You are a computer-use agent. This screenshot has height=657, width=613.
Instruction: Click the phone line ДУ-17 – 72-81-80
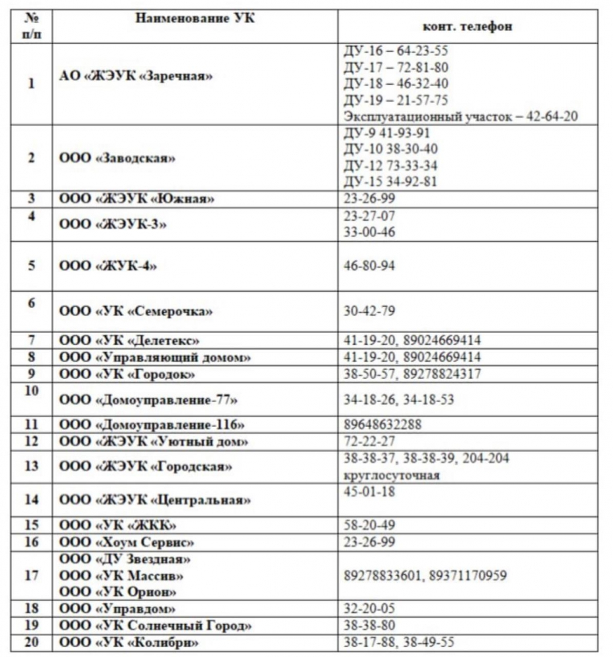pyautogui.click(x=396, y=67)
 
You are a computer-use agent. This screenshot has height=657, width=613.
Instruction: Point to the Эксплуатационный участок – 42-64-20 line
pyautogui.click(x=460, y=116)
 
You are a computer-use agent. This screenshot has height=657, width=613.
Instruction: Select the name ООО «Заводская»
pyautogui.click(x=118, y=158)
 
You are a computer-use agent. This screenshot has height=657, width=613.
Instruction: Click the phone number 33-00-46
pyautogui.click(x=370, y=232)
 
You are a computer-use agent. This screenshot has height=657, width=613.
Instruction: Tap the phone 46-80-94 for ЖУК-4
pyautogui.click(x=370, y=266)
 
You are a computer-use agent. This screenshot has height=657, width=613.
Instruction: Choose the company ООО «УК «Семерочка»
pyautogui.click(x=136, y=311)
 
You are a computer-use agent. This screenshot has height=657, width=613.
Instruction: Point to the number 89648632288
pyautogui.click(x=383, y=424)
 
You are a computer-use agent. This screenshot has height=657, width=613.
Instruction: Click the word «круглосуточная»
pyautogui.click(x=391, y=475)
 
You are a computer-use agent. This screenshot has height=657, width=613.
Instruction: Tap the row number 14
pyautogui.click(x=32, y=499)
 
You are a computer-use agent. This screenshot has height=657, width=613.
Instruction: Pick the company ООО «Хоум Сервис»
pyautogui.click(x=127, y=542)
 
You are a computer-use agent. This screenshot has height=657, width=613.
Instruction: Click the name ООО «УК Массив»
pyautogui.click(x=121, y=576)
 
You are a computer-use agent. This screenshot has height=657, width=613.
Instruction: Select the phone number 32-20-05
pyautogui.click(x=370, y=608)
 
